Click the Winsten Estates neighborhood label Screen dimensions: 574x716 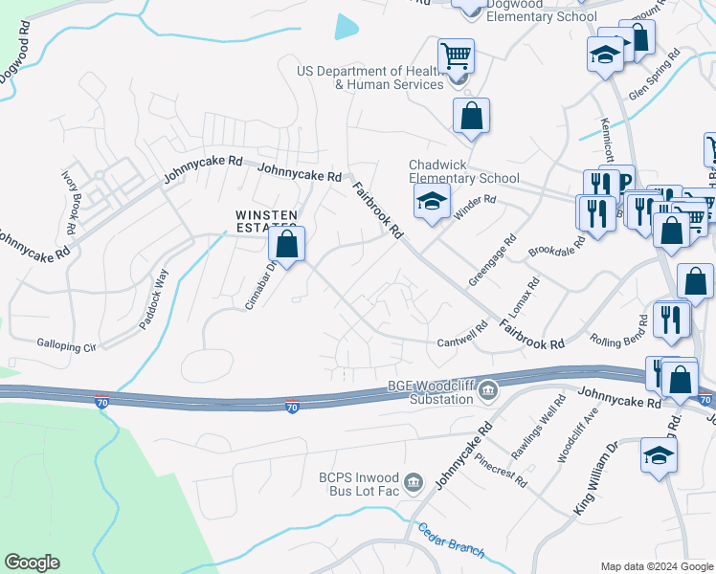(267, 220)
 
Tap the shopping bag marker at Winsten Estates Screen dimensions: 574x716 (286, 245)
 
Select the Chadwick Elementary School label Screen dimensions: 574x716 (463, 171)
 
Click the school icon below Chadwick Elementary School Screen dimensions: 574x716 (432, 202)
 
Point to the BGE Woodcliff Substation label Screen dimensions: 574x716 (431, 392)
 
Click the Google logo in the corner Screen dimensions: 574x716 (32, 563)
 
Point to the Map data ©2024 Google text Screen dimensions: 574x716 (657, 566)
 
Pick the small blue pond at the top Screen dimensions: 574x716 (347, 28)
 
